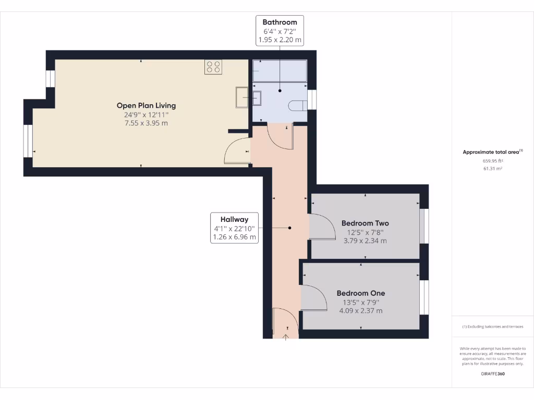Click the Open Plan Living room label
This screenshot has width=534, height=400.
click(146, 106)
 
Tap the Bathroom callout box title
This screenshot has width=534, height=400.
click(280, 22)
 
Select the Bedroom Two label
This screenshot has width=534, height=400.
click(365, 223)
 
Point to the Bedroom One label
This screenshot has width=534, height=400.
click(360, 293)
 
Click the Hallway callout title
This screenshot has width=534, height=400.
click(234, 219)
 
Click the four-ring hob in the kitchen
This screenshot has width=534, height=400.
click(213, 67)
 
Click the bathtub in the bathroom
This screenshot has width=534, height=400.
click(280, 70)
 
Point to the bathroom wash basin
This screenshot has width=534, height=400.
click(258, 97)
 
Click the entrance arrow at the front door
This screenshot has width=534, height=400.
click(286, 337)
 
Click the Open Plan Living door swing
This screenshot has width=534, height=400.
click(237, 152)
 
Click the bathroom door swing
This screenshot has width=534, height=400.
click(280, 136)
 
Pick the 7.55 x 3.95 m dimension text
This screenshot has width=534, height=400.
click(146, 123)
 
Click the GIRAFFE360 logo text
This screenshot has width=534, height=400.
click(492, 373)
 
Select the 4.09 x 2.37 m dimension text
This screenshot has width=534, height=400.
click(360, 311)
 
